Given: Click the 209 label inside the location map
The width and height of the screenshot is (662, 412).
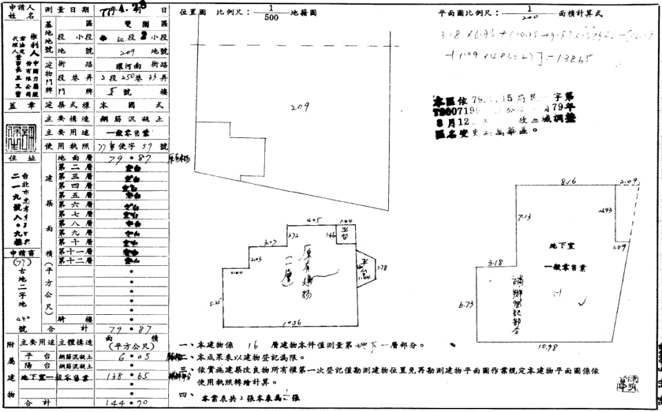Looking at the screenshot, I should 298,107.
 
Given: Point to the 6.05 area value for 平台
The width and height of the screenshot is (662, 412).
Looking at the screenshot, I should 130,358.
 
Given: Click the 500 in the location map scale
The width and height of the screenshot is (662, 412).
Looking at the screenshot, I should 271,19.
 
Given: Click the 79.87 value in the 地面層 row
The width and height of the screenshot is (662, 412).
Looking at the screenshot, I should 130,159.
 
